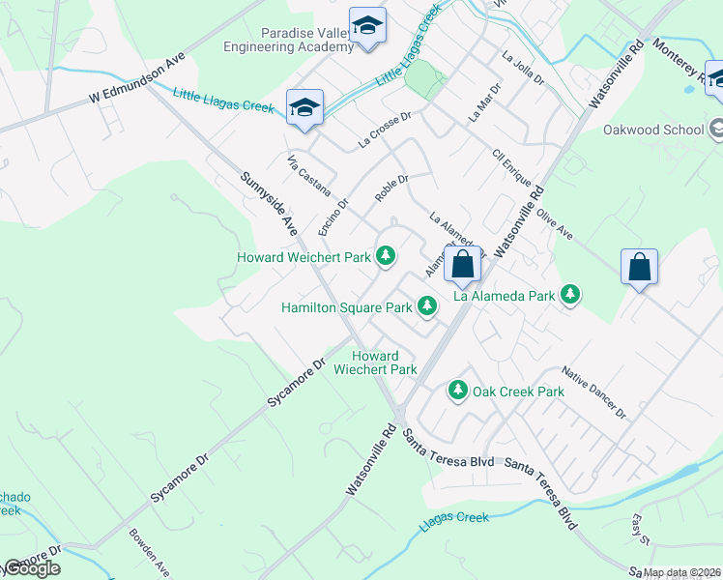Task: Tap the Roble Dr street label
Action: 391,188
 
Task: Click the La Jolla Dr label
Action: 523,70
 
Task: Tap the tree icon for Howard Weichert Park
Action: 386,256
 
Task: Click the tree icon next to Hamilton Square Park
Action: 426,306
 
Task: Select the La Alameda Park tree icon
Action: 570,294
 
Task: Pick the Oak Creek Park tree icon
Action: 457,391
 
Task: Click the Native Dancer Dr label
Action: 594,392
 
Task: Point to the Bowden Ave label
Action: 150,551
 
